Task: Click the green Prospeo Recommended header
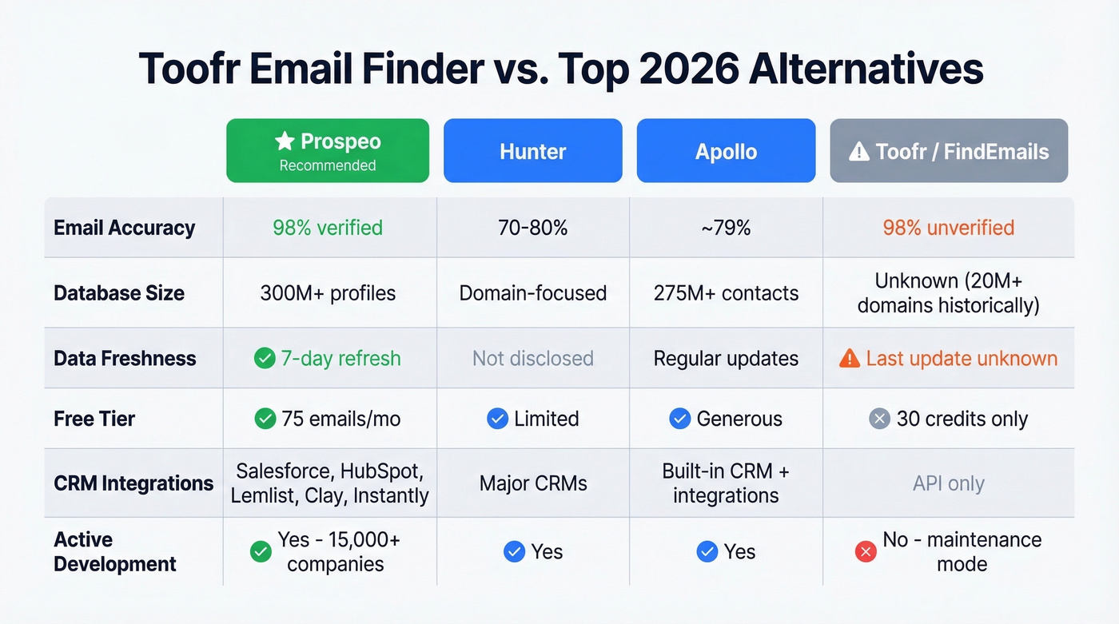coord(328,150)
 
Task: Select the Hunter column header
coord(533,150)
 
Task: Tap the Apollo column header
coord(726,150)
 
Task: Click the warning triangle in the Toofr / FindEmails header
coord(859,151)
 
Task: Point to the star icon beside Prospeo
coord(285,141)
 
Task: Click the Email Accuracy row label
coord(125,228)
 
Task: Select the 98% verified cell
coord(328,228)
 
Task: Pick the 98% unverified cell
coord(948,228)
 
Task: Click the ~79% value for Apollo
coord(726,228)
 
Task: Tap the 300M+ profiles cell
coord(328,293)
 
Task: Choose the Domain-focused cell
coord(533,293)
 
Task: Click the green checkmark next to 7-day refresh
coord(265,359)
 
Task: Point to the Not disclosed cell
coord(533,359)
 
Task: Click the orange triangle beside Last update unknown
coord(849,359)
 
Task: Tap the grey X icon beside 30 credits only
coord(880,419)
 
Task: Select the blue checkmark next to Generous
coord(680,419)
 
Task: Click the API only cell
coord(948,483)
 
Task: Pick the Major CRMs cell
coord(533,483)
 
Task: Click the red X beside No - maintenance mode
coord(866,551)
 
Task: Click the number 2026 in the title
coord(689,69)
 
